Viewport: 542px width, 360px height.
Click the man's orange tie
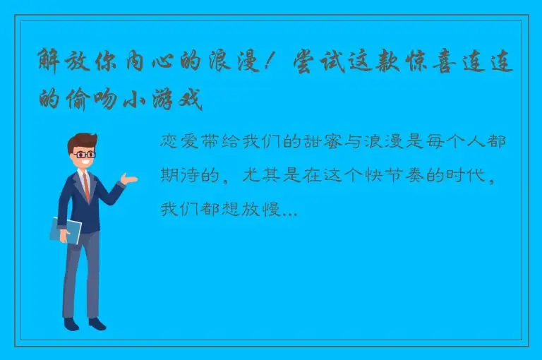pyautogui.click(x=86, y=186)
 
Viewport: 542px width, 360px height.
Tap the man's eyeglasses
pyautogui.click(x=85, y=154)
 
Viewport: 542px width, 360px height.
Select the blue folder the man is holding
pyautogui.click(x=65, y=229)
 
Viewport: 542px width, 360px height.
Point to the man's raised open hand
pyautogui.click(x=128, y=179)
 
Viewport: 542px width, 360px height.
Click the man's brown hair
pyautogui.click(x=83, y=140)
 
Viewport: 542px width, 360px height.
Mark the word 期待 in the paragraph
pyautogui.click(x=179, y=175)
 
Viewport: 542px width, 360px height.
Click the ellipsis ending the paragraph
pyautogui.click(x=289, y=210)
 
